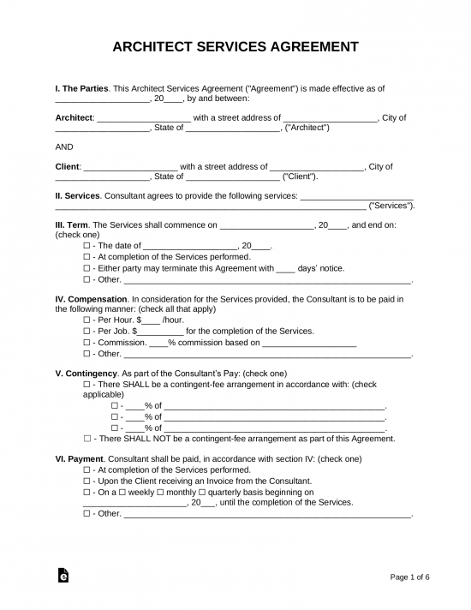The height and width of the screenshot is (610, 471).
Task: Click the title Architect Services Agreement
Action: [235, 46]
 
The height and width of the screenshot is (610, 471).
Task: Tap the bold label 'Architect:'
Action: [75, 117]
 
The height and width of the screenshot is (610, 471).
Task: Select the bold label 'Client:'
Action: [68, 166]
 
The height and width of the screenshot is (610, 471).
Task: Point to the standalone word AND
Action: [64, 147]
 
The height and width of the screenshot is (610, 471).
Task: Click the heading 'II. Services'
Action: [77, 195]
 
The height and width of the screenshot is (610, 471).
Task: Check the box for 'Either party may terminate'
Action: [87, 268]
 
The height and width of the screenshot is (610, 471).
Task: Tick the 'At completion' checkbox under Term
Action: [87, 256]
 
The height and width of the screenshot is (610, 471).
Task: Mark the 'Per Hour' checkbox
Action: [87, 320]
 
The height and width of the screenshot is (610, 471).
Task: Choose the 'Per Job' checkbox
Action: [87, 331]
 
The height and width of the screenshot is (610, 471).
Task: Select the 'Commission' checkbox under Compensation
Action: [87, 342]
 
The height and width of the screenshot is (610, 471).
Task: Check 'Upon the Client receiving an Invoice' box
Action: [87, 481]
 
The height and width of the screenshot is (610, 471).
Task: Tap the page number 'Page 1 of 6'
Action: [409, 577]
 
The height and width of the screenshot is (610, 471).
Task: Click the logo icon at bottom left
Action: [63, 577]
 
